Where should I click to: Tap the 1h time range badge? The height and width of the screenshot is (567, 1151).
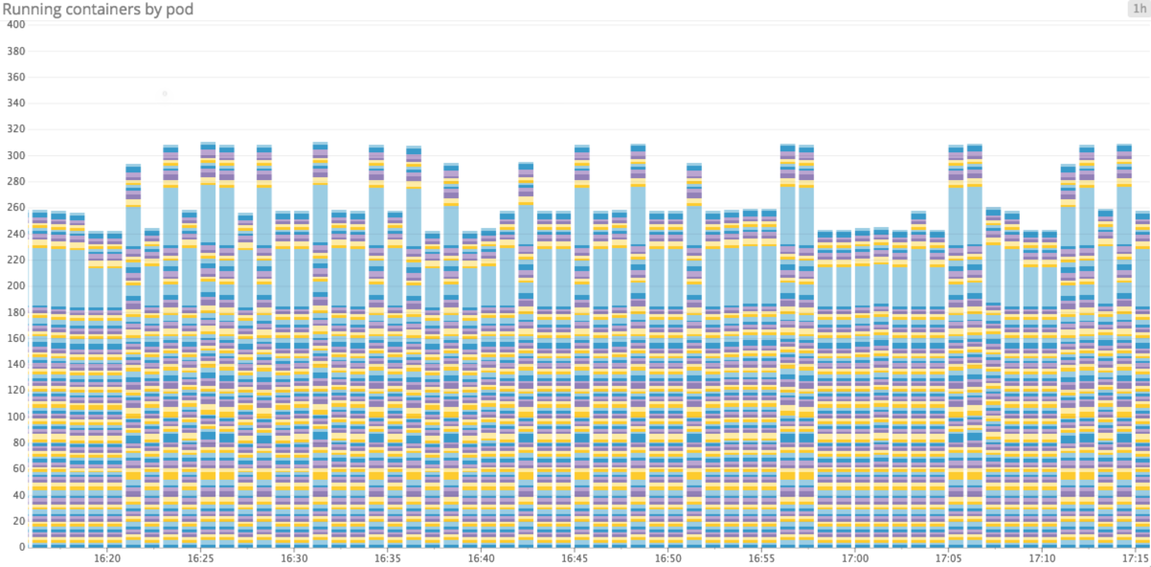coord(1138,9)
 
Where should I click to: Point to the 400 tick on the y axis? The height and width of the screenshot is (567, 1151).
coord(15,25)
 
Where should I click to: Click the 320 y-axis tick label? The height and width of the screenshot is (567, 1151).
coord(15,129)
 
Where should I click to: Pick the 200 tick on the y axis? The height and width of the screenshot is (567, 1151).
coord(15,286)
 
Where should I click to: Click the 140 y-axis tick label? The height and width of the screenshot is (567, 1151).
coord(15,365)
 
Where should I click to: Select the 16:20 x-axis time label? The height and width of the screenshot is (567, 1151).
coord(107,558)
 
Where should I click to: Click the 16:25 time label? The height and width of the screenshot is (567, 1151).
coord(201,558)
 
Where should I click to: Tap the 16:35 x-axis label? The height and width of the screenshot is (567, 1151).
coord(388,558)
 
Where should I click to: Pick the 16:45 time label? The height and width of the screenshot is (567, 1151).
coord(575,558)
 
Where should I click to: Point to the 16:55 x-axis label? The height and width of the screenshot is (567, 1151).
coord(761,558)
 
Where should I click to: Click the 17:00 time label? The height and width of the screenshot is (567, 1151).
coord(854,558)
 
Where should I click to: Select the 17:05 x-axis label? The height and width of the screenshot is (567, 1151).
coord(948,558)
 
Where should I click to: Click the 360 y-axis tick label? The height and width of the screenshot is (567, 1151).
coord(15,78)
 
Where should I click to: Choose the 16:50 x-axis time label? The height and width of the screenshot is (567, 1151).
coord(668,558)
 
